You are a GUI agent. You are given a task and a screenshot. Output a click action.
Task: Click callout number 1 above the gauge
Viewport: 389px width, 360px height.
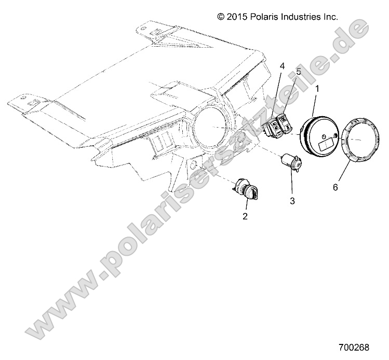(317, 89)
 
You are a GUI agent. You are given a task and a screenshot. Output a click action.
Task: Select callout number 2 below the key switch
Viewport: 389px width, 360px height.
(245, 216)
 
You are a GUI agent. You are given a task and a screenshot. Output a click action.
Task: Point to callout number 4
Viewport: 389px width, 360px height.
(282, 66)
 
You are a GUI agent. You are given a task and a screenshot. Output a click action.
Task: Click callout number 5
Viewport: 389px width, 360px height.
(299, 71)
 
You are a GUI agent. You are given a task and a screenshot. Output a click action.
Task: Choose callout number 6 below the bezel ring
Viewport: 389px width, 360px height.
(335, 187)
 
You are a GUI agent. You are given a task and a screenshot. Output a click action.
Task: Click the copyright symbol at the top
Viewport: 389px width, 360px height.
(221, 17)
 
